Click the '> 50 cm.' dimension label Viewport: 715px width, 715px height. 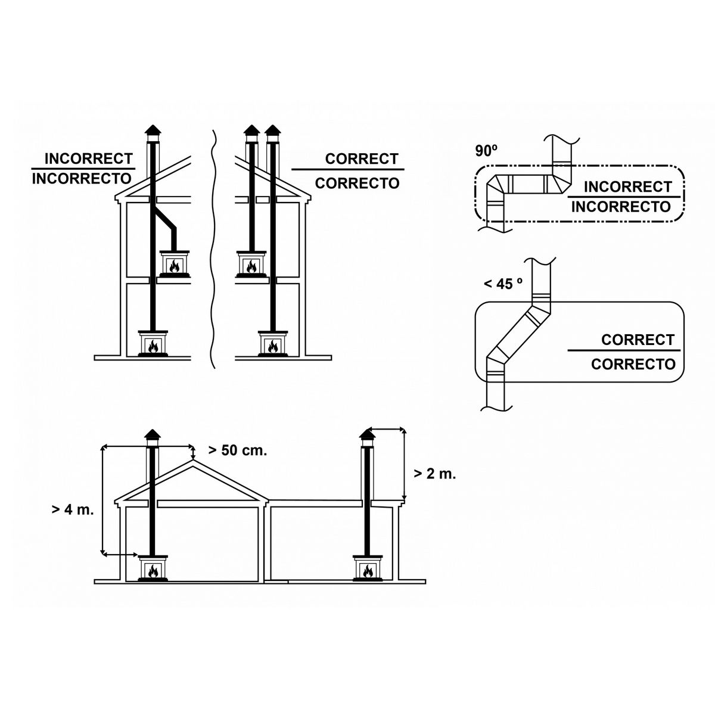point(237,450)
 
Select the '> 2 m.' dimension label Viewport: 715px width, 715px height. point(435,474)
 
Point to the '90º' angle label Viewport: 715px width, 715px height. point(486,151)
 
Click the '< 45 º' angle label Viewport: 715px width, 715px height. point(503,284)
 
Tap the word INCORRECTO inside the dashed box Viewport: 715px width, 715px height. point(621,207)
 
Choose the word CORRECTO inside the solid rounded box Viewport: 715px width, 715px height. point(633,364)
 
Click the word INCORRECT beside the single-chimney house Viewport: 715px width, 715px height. point(88,159)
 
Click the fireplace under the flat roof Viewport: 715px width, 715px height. point(368,568)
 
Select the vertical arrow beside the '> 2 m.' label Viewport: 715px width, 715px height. point(405,465)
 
